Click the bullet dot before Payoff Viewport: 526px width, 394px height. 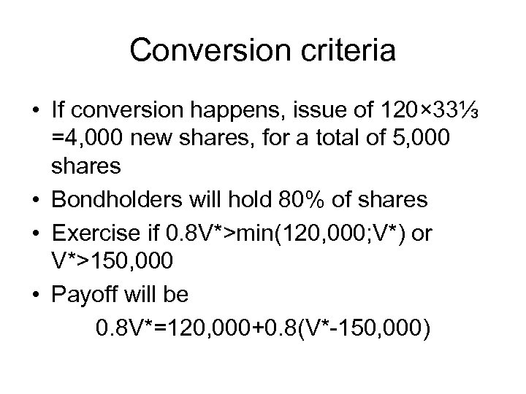(x=36, y=295)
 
